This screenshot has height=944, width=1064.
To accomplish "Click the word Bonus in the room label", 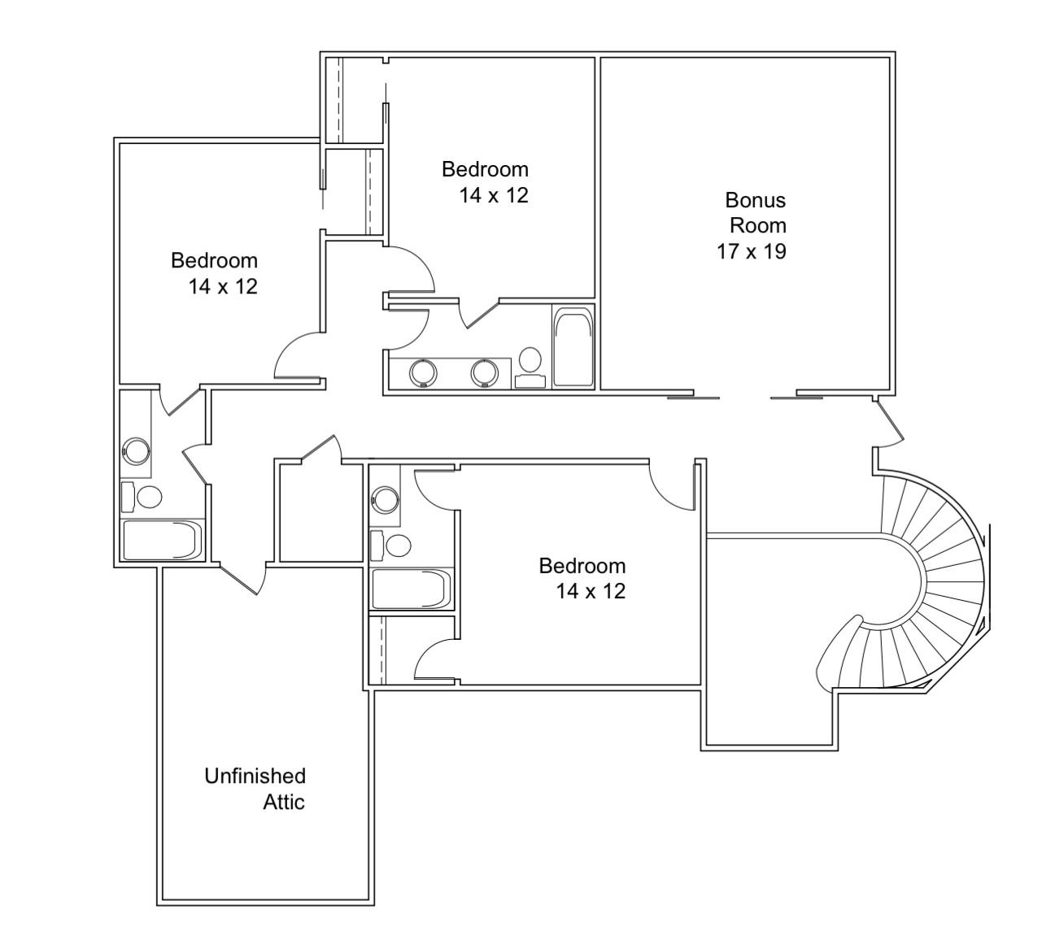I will pos(755,200).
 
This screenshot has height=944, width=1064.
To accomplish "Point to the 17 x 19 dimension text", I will pos(751,252).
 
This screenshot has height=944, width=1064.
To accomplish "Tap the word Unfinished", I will pos(255,777).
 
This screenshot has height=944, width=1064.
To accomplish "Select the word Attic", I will pos(284,803).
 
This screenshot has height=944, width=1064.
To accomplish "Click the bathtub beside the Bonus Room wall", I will pos(573,347).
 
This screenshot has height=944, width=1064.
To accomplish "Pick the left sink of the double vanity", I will pos(423,373).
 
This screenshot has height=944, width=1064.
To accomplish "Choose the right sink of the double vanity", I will pos(484,373).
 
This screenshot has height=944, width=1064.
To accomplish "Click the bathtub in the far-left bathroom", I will pos(162,540).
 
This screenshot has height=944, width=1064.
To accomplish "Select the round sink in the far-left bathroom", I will pos(136,450).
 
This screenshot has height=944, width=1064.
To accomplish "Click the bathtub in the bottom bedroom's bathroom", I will pos(412,589).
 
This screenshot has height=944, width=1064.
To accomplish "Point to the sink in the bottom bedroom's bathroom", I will pos(384,498).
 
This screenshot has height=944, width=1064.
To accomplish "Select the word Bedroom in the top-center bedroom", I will pos(485,169).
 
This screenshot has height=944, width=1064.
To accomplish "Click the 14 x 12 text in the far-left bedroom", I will pos(223,287).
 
